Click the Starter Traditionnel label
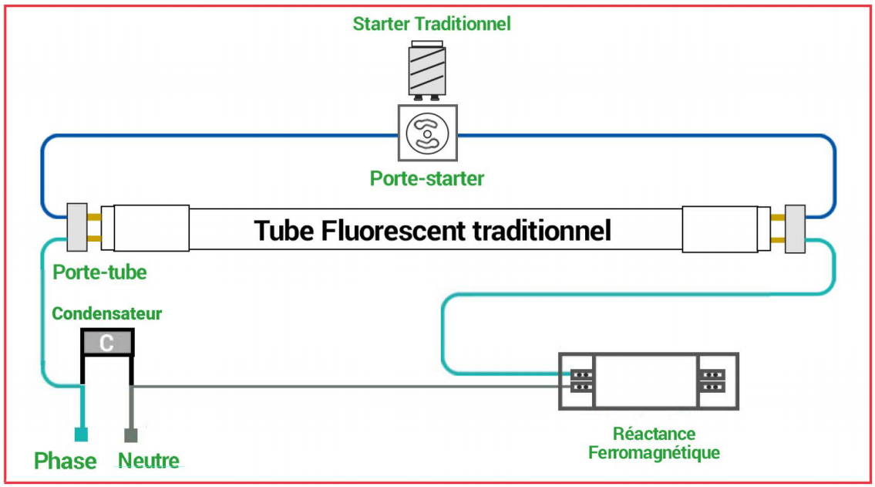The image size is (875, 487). (x=432, y=24)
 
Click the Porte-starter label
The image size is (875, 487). (x=427, y=179)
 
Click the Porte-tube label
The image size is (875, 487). (x=99, y=272)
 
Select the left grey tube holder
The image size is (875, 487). (x=78, y=228)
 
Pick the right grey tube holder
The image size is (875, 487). (x=795, y=228)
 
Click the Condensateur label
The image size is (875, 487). (x=107, y=314)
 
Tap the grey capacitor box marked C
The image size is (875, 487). (x=108, y=342)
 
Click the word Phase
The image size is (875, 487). (x=66, y=462)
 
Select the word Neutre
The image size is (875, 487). (x=149, y=462)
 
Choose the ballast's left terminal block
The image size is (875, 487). (x=583, y=380)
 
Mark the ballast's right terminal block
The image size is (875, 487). (x=712, y=380)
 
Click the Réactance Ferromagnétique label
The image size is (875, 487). (x=654, y=443)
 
